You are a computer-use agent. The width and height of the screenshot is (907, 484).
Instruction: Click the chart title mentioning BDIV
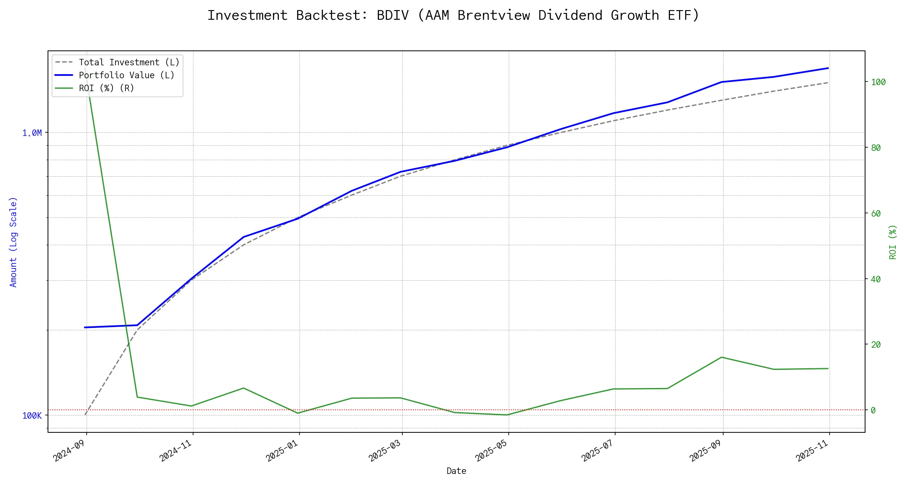453,15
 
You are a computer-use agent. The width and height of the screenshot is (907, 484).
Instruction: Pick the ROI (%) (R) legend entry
106,88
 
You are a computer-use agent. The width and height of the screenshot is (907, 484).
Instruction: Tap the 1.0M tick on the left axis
32,133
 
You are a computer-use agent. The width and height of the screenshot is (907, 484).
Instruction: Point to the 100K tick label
32,416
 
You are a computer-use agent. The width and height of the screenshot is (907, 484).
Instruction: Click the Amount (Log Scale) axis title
13,242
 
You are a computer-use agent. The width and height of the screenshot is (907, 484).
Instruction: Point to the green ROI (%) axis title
893,242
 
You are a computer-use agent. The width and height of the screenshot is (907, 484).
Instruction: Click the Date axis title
456,471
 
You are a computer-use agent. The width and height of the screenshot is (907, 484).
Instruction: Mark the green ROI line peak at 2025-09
722,357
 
